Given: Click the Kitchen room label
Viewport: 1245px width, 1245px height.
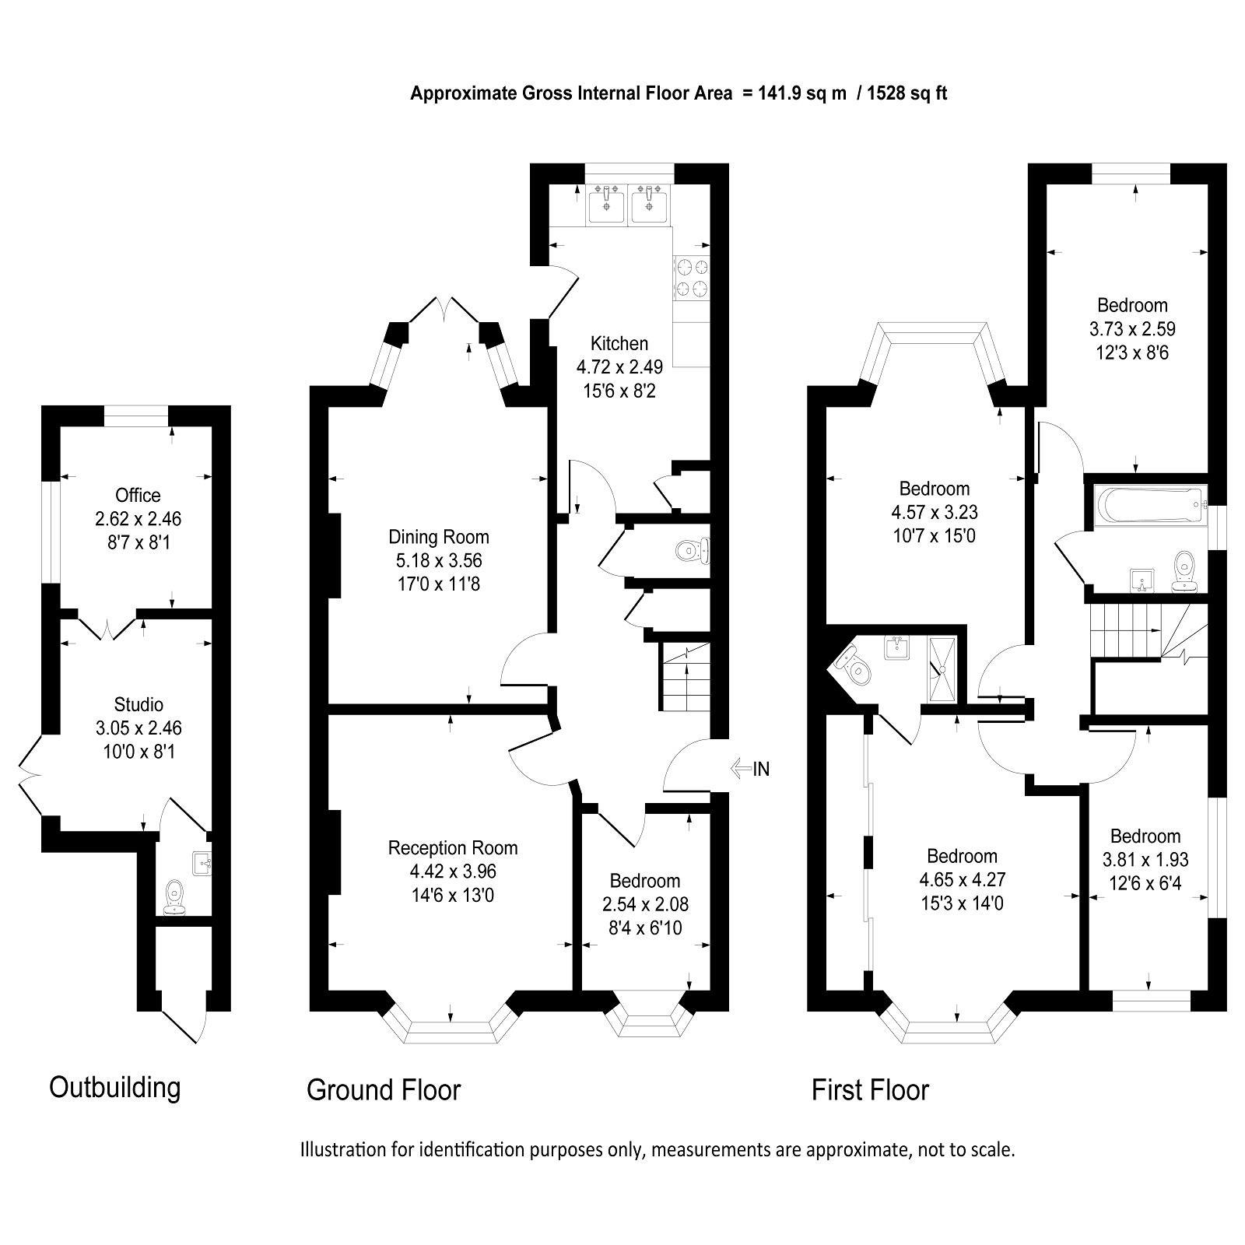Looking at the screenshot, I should pos(619,343).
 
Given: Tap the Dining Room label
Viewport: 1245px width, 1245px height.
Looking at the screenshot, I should pos(438,536).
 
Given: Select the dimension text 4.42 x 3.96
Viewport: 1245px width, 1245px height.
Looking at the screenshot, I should pos(453,871).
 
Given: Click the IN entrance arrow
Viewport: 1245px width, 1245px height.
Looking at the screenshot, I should pos(751,769).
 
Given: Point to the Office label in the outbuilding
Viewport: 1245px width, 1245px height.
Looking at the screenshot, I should pos(138,495).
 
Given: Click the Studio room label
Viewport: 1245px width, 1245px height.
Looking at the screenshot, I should pos(139,704).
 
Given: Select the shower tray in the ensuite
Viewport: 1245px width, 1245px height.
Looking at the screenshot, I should pos(943,668).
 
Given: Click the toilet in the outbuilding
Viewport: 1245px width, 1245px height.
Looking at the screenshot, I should pos(174,896).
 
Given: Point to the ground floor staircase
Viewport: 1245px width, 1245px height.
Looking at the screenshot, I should pos(686,677).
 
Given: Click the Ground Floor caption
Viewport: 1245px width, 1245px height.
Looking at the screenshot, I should pos(384,1089).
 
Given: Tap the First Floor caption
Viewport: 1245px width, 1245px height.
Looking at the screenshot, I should pos(870,1089).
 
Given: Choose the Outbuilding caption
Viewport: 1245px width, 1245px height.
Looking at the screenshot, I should pos(115,1086).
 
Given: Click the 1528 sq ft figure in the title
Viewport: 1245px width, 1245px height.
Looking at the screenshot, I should pos(907,94).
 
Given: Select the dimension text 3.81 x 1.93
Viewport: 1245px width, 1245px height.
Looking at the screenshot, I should pos(1145,860).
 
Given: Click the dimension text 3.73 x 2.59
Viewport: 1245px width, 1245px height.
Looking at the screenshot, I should pos(1132,328).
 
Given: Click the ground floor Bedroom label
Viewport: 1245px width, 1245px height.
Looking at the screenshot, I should pos(644,881).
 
